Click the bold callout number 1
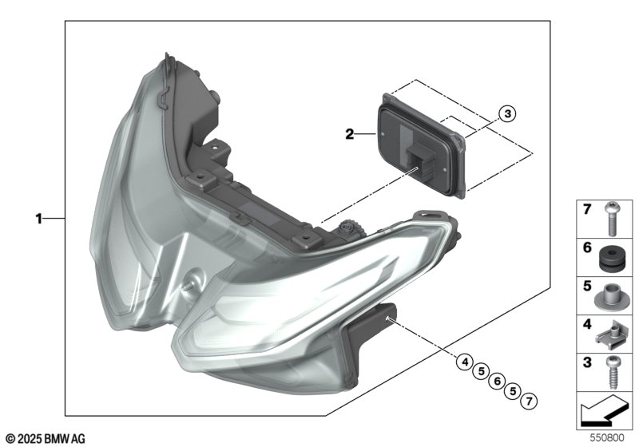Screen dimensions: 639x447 coord(38,219)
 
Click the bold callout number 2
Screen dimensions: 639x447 coord(350,134)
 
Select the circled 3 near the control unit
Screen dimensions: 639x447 coord(507,113)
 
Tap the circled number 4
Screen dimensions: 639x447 coord(465,362)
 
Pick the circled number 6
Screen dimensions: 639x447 coord(497,382)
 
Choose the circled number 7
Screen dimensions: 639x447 coord(529,402)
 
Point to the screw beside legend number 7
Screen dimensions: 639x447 coord(610,219)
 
